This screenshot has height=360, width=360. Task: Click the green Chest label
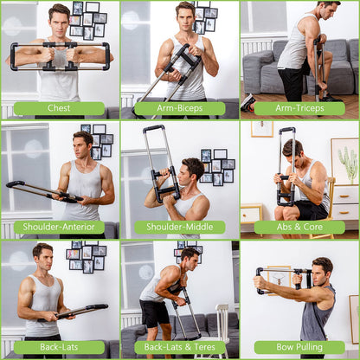click(x=59, y=108)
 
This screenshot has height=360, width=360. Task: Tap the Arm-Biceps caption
click(x=180, y=108)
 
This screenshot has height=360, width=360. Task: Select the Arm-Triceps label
click(x=299, y=108)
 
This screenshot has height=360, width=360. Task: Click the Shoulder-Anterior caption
click(x=59, y=228)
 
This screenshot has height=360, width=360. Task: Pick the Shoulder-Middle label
click(x=180, y=228)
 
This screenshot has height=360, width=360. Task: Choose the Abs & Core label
click(x=299, y=228)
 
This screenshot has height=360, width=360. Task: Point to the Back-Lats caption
click(x=59, y=347)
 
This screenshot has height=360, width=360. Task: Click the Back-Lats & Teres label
click(x=180, y=347)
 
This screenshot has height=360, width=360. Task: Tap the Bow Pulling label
click(x=299, y=347)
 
